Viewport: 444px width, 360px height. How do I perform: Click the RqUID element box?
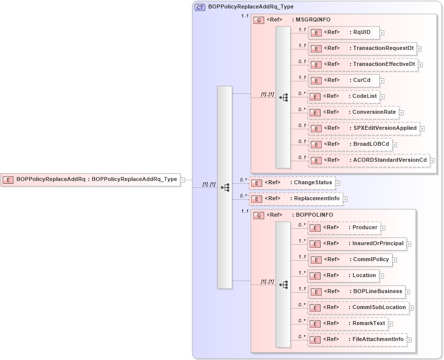344,32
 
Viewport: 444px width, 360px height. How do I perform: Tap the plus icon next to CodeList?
382,96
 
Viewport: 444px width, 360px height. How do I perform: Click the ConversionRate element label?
374,112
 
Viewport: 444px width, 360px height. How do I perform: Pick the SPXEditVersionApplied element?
364,128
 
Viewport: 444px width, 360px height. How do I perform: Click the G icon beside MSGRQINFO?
259,20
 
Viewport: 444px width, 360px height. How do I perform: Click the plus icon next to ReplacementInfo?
345,199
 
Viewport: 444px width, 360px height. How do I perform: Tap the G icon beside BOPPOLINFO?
259,215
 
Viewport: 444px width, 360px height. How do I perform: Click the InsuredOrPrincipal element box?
357,244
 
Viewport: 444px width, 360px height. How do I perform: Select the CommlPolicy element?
350,260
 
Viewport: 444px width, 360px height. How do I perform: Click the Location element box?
343,276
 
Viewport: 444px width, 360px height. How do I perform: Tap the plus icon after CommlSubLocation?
412,308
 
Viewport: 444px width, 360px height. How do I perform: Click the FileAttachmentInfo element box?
357,340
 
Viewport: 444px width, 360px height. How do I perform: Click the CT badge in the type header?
200,7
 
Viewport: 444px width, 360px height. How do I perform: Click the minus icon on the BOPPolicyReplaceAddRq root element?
183,180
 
